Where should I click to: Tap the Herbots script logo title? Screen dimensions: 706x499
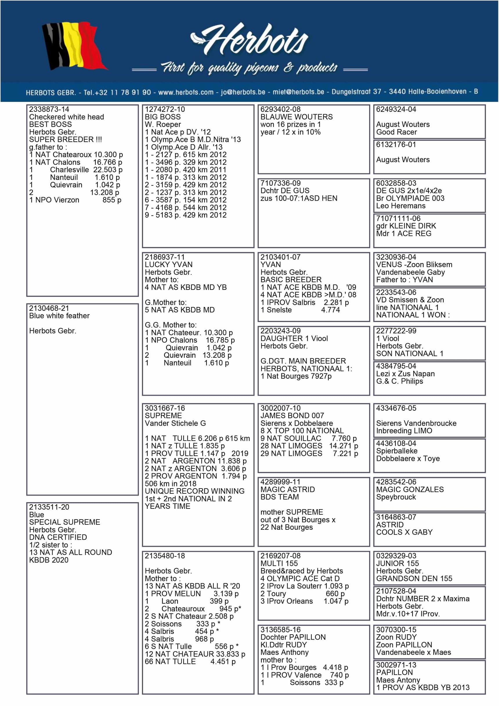[249, 42]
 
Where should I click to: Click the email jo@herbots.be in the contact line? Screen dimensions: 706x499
[243, 92]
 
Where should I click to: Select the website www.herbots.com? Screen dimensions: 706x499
[186, 92]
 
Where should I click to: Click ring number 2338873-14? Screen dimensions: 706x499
[49, 109]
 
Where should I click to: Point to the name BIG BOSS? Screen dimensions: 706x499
[162, 117]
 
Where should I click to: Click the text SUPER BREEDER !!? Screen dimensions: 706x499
[65, 139]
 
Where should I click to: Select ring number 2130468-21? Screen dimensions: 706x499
[49, 308]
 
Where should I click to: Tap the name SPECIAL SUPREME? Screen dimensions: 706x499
[64, 522]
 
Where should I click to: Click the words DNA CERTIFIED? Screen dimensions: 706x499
[58, 537]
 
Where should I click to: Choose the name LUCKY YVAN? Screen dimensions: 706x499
[168, 265]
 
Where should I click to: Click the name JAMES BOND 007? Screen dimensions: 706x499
[292, 416]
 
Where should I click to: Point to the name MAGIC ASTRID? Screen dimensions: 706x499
[287, 490]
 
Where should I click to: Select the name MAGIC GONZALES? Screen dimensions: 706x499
[410, 490]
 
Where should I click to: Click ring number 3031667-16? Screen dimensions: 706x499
[165, 408]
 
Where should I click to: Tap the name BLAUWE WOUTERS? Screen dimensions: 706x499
[296, 117]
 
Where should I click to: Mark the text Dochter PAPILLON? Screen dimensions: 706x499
[293, 637]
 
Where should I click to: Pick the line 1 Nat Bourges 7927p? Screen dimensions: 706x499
[296, 376]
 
